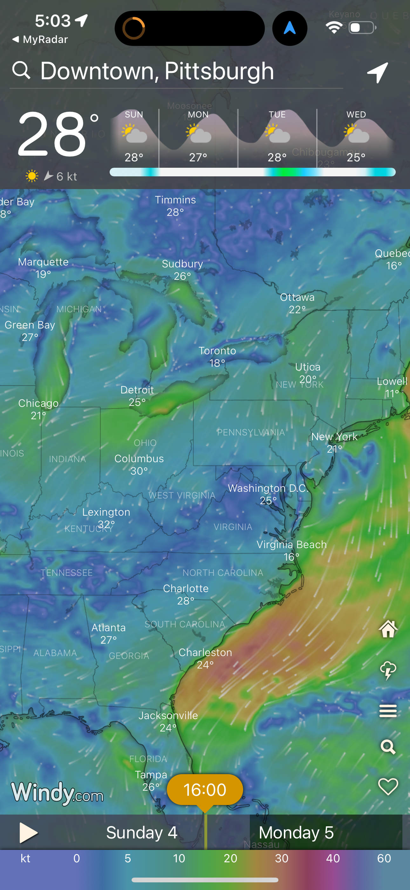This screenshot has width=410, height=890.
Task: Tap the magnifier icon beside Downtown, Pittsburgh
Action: (21, 70)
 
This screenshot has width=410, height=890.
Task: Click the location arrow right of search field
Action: (378, 72)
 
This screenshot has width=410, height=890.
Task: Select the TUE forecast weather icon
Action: (277, 134)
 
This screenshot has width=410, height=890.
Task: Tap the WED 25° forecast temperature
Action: (356, 158)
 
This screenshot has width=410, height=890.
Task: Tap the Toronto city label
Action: (217, 351)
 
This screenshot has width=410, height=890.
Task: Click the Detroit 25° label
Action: (137, 396)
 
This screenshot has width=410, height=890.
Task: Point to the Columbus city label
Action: (139, 459)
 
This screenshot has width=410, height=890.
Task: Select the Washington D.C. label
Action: (268, 489)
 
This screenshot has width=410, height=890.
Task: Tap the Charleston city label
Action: (205, 653)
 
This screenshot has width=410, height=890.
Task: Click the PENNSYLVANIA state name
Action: (251, 433)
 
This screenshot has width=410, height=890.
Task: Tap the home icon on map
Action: (388, 628)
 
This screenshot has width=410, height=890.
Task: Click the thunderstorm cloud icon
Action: (388, 670)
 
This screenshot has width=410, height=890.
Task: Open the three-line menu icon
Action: (388, 711)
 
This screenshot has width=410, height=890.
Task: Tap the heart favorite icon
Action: (388, 787)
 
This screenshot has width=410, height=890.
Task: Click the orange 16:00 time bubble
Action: (205, 790)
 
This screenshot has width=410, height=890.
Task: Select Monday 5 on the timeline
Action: (296, 833)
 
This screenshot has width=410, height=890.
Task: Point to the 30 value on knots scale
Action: (282, 858)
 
